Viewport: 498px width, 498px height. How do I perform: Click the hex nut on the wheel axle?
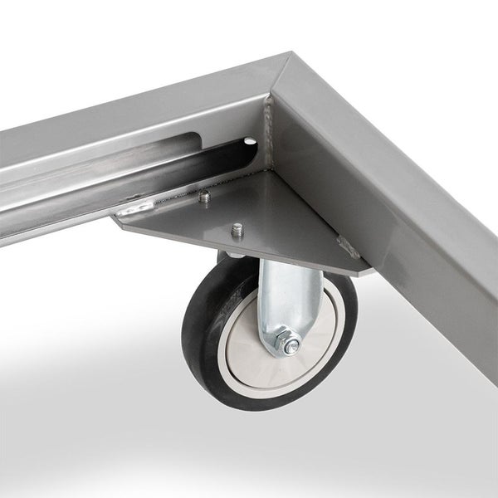click(289, 343)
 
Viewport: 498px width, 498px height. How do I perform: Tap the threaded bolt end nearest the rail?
click(204, 197)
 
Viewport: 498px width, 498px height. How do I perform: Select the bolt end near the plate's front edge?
click(237, 228)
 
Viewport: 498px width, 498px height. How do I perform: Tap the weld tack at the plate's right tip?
click(346, 244)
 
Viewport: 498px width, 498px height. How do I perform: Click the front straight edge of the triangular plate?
click(249, 248)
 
